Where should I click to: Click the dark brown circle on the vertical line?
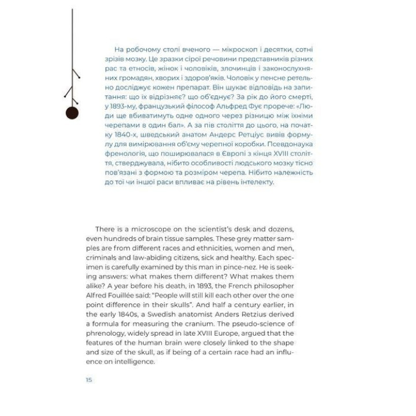pyautogui.click(x=72, y=113)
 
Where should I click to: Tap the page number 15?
pyautogui.click(x=88, y=380)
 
